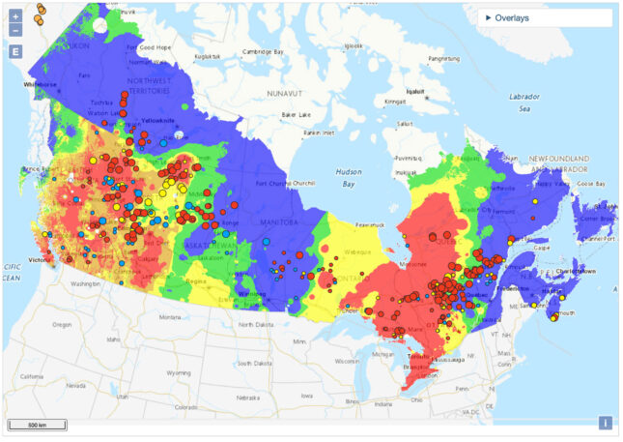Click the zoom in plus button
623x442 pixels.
click(15, 16)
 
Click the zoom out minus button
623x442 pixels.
click(15, 30)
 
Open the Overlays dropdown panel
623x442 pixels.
click(546, 17)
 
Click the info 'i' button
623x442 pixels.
click(606, 422)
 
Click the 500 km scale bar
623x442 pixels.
click(38, 424)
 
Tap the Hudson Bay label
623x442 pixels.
click(350, 177)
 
